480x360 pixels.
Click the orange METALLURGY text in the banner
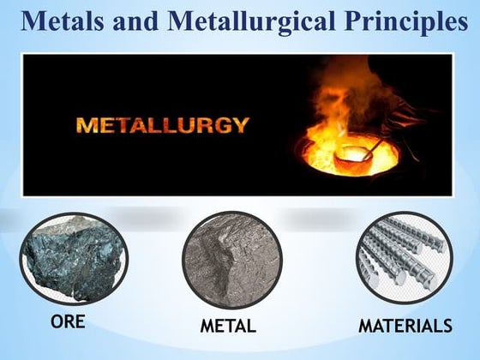tap(163, 125)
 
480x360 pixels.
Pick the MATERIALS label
tap(404, 327)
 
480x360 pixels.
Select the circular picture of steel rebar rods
tap(404, 261)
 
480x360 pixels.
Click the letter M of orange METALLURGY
tap(86, 125)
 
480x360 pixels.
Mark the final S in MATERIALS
tap(446, 327)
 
